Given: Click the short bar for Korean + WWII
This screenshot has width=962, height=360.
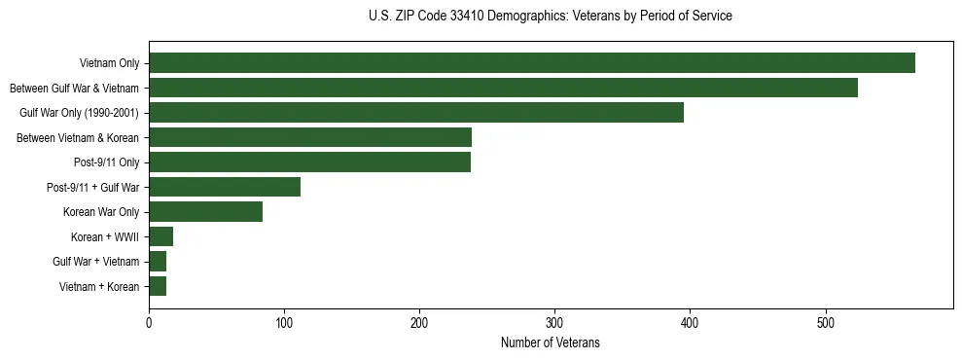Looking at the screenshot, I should (x=160, y=236).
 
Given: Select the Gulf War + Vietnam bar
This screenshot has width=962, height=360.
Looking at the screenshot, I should (x=158, y=262).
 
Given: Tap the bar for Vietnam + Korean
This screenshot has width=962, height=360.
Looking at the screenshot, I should (x=158, y=286).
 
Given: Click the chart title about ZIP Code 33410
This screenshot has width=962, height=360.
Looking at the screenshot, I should (x=551, y=17).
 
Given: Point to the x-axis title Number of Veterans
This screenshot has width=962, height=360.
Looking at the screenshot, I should (x=551, y=343).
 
